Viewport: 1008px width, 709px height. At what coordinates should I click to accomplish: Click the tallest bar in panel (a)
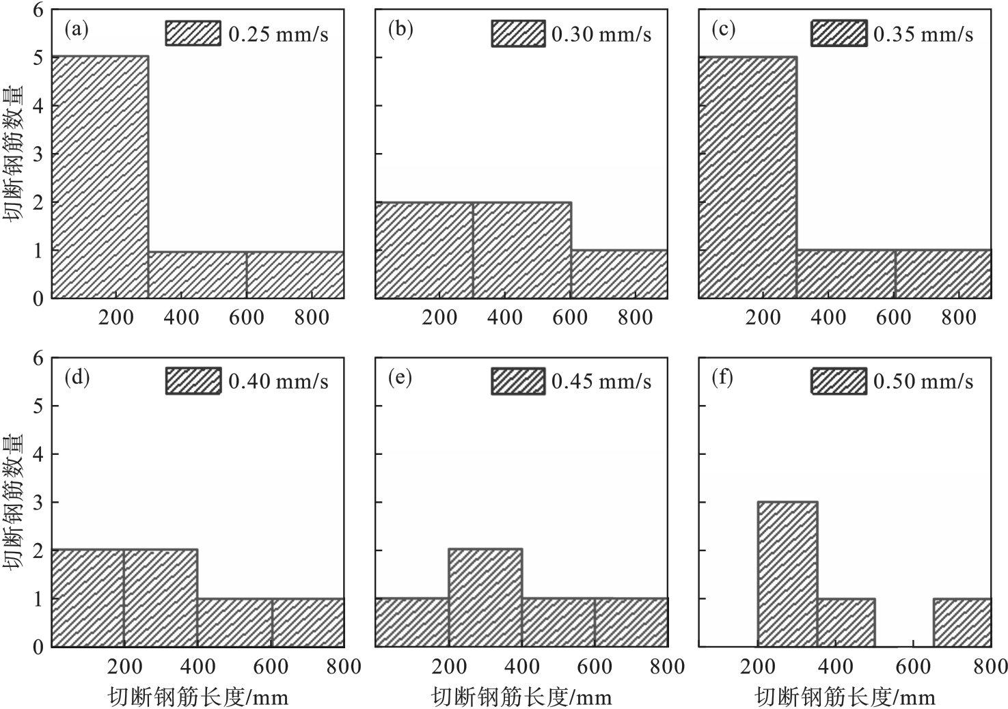(100, 177)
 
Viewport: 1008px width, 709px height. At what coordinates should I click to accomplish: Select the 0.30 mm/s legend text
(601, 34)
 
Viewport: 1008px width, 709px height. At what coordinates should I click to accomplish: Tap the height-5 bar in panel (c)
(747, 177)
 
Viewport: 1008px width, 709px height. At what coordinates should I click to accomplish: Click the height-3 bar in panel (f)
(787, 574)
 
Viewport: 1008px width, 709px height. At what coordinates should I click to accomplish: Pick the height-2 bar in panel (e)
(485, 597)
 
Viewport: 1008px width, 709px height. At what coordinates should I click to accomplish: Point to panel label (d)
(76, 378)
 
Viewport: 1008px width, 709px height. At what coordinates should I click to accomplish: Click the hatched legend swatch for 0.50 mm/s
(839, 380)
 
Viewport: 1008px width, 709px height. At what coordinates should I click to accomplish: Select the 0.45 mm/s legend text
(601, 381)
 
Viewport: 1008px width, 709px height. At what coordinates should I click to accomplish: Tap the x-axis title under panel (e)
(521, 697)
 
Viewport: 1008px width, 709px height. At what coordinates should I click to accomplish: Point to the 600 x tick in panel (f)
(914, 667)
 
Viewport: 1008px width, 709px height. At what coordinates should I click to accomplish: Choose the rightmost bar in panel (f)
(962, 622)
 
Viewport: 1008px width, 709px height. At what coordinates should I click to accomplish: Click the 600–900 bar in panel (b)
(619, 274)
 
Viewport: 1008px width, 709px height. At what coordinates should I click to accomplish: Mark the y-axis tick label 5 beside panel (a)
(38, 58)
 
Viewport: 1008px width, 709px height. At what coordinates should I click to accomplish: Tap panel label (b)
(400, 29)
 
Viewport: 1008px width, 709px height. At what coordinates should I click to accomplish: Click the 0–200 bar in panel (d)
(87, 597)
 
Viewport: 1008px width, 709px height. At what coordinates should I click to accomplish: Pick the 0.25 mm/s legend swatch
(193, 33)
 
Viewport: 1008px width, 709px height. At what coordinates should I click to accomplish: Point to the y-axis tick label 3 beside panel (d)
(38, 502)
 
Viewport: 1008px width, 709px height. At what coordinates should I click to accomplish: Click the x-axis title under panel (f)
(845, 697)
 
